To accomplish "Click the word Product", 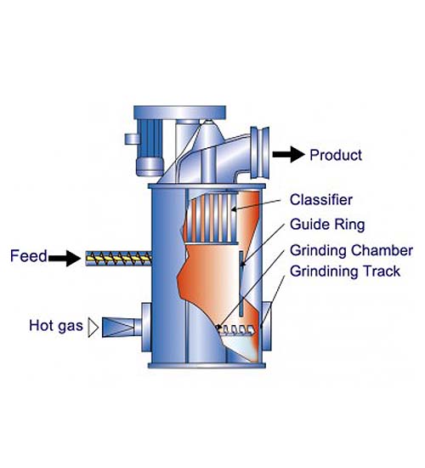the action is [x=336, y=155].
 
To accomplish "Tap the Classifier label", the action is [x=321, y=200].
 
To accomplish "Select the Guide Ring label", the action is [x=327, y=225].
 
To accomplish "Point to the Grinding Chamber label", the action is [x=351, y=251].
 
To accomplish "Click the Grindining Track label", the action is [x=345, y=271].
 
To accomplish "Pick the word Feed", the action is [x=29, y=256].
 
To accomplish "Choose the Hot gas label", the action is [x=56, y=325].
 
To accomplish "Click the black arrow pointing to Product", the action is [x=289, y=154].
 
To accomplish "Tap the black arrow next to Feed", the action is [x=65, y=258].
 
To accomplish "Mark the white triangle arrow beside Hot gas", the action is [x=93, y=328].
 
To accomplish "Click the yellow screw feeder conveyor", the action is [x=119, y=259].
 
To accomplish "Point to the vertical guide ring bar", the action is [x=241, y=283].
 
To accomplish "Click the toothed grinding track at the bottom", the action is [x=237, y=329].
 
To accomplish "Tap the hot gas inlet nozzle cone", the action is [x=118, y=328].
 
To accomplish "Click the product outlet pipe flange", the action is [x=260, y=153].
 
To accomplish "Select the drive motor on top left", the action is [x=149, y=147].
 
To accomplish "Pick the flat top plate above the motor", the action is [x=179, y=112].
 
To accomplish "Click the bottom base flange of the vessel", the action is [x=207, y=365].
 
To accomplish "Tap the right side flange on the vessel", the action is [x=267, y=327].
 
